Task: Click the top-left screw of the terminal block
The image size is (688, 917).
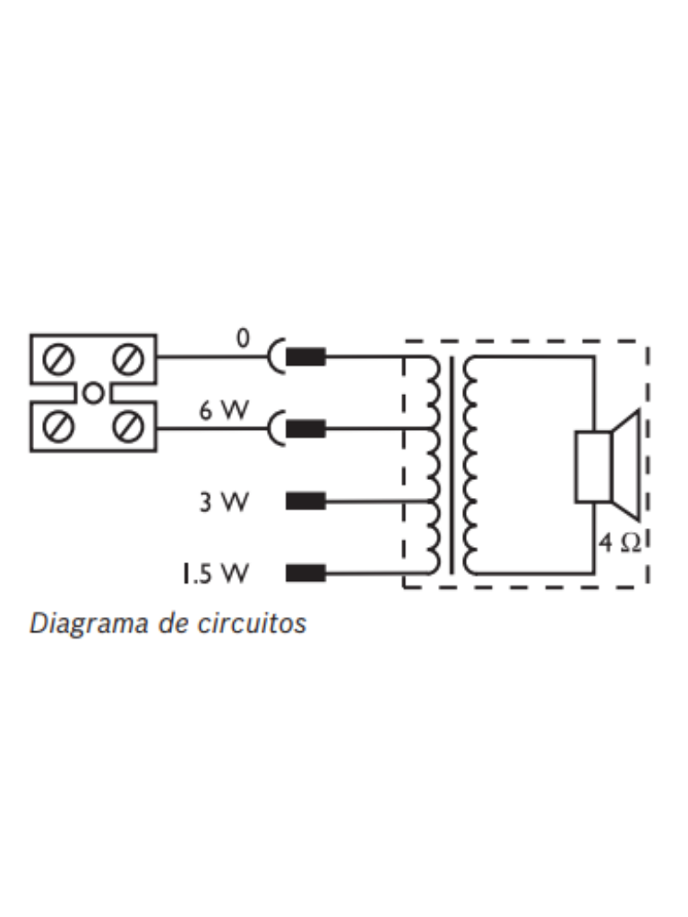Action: [x=58, y=358]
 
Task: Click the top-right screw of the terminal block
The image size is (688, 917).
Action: [x=127, y=358]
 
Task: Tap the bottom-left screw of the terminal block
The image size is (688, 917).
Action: [x=58, y=427]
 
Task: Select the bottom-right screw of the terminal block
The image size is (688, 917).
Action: [x=127, y=427]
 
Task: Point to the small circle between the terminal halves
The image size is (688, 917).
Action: [x=93, y=393]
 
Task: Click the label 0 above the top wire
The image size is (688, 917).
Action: [x=242, y=338]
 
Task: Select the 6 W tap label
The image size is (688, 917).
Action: [x=224, y=410]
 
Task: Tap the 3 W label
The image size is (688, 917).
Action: [x=224, y=501]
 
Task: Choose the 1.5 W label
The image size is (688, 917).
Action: [x=215, y=573]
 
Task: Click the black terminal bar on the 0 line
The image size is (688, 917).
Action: [x=305, y=356]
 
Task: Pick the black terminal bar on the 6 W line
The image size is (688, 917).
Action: [x=305, y=429]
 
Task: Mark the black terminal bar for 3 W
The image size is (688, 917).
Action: [x=305, y=501]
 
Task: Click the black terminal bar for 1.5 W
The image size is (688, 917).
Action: [x=305, y=573]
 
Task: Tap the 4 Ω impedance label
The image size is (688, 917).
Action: [x=620, y=544]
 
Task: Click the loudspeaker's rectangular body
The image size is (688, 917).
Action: [x=593, y=466]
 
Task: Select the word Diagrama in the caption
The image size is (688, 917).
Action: [x=90, y=623]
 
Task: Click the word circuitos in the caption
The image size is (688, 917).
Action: [x=252, y=623]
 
